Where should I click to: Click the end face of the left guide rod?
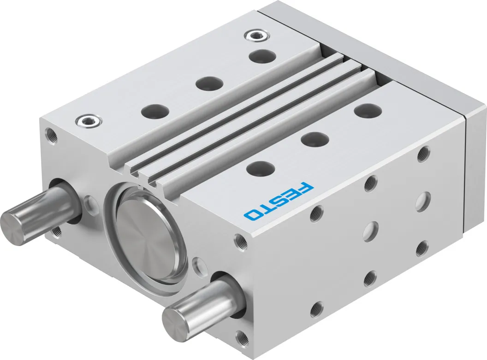click(x=11, y=224)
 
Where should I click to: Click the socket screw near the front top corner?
click(x=89, y=121)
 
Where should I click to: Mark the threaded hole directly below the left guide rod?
click(x=56, y=231)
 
